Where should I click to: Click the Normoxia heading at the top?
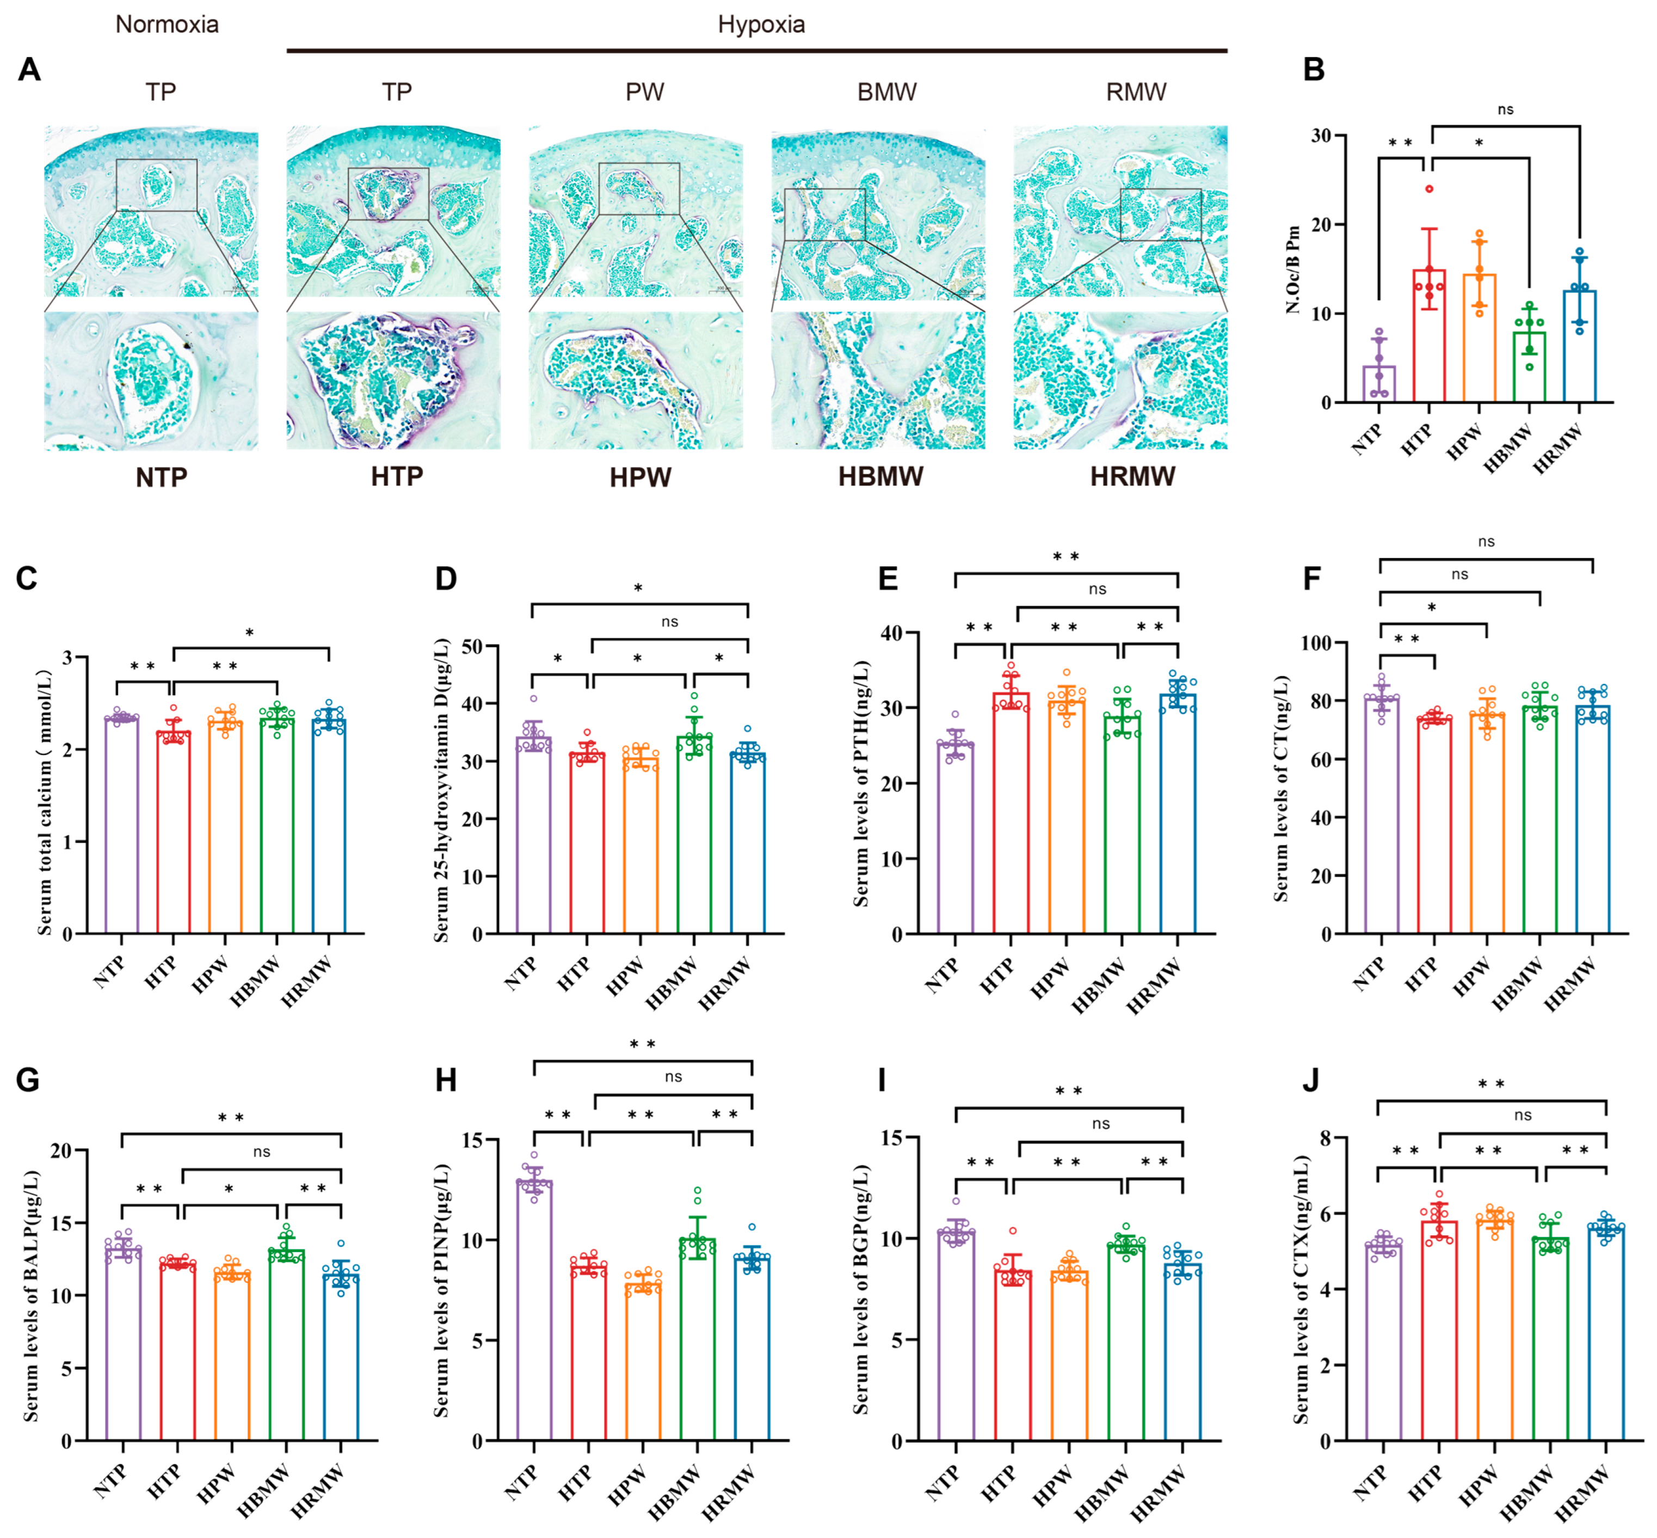(167, 24)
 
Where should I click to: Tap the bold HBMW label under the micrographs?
(880, 477)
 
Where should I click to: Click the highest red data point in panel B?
(1429, 189)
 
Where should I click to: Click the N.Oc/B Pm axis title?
(1292, 269)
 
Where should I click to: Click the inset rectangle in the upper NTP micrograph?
(156, 185)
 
